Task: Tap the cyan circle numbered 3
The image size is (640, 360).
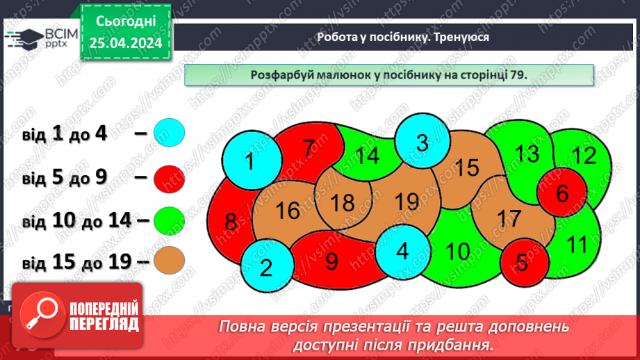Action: [x=422, y=143]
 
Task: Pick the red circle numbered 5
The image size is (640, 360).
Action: [x=523, y=263]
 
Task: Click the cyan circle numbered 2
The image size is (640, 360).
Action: [x=266, y=268]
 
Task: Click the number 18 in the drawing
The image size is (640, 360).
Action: [x=342, y=203]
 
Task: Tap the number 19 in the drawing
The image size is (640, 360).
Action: [x=407, y=202]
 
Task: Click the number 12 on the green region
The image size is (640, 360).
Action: [x=584, y=156]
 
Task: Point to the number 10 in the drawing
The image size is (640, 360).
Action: [x=457, y=251]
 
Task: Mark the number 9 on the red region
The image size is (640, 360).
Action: [x=331, y=261]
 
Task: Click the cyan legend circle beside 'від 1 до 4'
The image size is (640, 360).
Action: [x=169, y=133]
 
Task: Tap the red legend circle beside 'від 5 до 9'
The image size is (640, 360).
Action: [x=169, y=179]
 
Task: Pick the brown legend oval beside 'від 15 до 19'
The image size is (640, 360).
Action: [x=169, y=262]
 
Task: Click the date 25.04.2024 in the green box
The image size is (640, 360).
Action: [x=126, y=43]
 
